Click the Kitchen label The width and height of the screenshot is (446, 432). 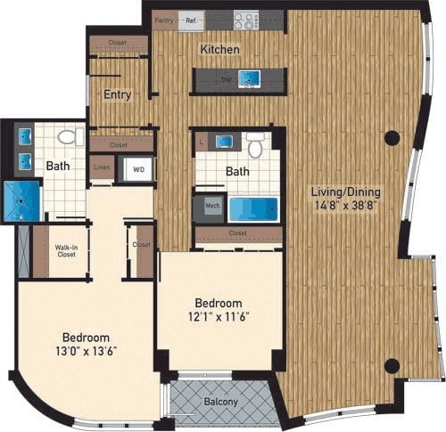click(x=219, y=50)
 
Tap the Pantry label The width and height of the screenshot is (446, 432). click(x=163, y=18)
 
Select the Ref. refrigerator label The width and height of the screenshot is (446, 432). click(x=190, y=18)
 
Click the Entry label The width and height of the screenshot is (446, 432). click(x=117, y=95)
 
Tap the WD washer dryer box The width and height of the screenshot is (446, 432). click(x=138, y=167)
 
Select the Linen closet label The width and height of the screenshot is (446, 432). click(x=103, y=166)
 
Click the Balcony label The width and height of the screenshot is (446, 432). click(x=219, y=403)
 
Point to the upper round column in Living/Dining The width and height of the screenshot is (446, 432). click(x=391, y=139)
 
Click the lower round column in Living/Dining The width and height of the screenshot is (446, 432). click(x=391, y=365)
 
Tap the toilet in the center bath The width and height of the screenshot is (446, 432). click(x=255, y=146)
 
